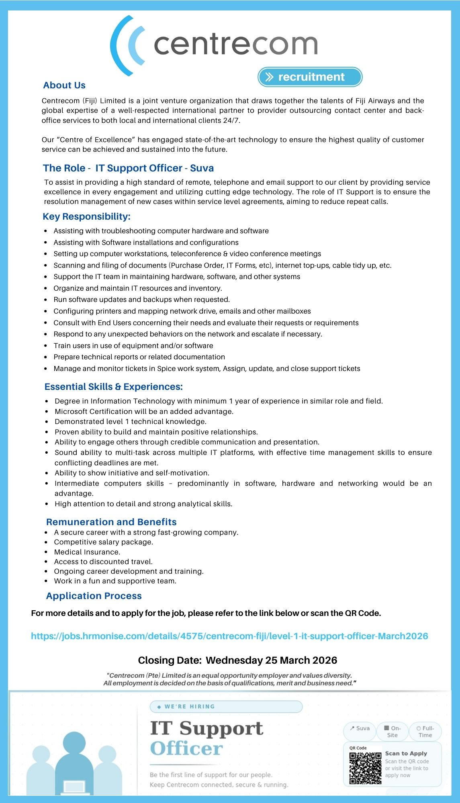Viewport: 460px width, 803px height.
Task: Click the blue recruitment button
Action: point(310,77)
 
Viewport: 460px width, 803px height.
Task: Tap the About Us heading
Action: point(64,85)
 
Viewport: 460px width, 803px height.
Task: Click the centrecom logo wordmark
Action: point(235,44)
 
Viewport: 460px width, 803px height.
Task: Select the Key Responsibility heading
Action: point(86,216)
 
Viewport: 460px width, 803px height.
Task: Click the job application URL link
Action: point(229,636)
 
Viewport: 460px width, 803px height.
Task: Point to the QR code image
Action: point(365,768)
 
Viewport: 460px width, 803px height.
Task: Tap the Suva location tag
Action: point(360,728)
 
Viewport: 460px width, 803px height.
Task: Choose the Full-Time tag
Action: point(425,732)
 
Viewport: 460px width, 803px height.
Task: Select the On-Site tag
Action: point(392,732)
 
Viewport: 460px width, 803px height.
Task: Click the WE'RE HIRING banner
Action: point(226,707)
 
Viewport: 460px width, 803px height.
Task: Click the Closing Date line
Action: point(237,660)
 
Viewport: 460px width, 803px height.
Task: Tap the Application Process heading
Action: point(94,596)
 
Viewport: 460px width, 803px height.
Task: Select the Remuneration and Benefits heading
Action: point(111,522)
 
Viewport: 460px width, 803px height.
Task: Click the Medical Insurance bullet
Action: point(87,552)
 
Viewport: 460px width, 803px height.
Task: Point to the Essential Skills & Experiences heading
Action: point(113,387)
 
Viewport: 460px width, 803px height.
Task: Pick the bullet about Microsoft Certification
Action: point(144,412)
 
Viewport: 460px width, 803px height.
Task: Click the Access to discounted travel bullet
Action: point(103,562)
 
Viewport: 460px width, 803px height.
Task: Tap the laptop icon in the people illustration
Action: point(75,787)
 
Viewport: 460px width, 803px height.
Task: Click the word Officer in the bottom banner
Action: point(186,749)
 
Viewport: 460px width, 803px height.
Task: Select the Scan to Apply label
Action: point(406,754)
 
